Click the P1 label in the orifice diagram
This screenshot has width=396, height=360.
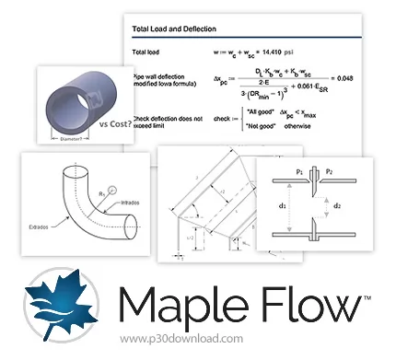click(x=299, y=172)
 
